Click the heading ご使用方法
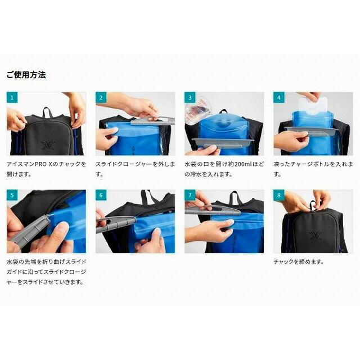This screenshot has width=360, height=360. [26, 75]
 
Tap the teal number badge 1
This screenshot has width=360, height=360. [12, 97]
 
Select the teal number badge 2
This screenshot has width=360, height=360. [101, 97]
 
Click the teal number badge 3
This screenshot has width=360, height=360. [190, 97]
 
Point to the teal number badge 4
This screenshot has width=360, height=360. [279, 97]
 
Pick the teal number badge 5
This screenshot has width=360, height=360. [12, 195]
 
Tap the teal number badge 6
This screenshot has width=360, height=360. [101, 195]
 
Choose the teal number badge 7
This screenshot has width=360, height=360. [190, 195]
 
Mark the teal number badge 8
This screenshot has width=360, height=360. [279, 195]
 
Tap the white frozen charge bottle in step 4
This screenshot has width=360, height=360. [313, 105]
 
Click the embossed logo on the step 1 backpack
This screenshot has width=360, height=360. [48, 145]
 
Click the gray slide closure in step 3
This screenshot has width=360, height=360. [221, 142]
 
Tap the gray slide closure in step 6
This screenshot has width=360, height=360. [116, 224]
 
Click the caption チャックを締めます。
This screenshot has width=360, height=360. [299, 262]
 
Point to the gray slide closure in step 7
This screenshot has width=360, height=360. [213, 210]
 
